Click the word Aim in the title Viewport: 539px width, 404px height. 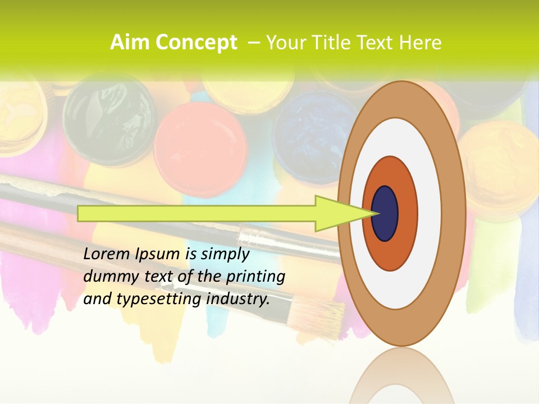[x=129, y=43]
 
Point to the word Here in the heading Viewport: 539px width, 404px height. [x=420, y=43]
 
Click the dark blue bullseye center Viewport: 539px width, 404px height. [x=385, y=213]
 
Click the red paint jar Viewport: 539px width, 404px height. [x=200, y=140]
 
